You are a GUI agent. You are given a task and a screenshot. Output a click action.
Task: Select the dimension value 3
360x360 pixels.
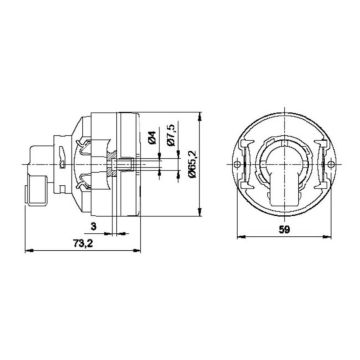pos(93,229)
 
